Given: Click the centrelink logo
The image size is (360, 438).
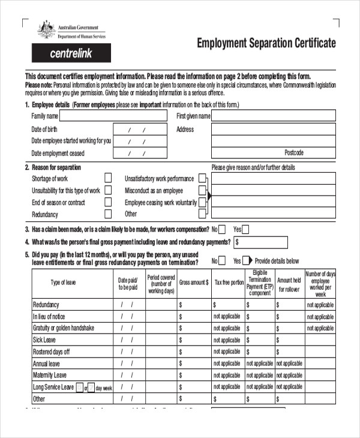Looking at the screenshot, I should click(x=71, y=53).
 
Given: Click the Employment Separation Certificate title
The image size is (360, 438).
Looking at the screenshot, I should click(x=266, y=43).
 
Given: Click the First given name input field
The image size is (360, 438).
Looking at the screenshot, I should click(x=273, y=116).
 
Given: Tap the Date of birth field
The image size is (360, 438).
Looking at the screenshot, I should click(x=136, y=130).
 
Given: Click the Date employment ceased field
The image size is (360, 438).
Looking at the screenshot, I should click(x=136, y=154).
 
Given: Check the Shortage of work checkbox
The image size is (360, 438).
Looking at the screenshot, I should click(x=108, y=178).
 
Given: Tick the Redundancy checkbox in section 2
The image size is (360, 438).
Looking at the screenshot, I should click(x=108, y=214).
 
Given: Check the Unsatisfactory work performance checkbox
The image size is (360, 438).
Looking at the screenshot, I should click(x=202, y=178).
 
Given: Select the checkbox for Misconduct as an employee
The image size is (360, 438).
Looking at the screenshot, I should click(x=202, y=190).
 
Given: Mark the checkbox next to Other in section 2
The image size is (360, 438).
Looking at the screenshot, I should click(x=202, y=214).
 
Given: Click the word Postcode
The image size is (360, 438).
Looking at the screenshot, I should click(x=294, y=152).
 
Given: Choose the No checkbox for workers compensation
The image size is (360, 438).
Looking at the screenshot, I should click(x=222, y=229).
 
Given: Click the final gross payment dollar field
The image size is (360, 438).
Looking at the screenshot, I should click(x=260, y=242).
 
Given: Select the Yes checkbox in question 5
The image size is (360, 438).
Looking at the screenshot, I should click(x=246, y=261).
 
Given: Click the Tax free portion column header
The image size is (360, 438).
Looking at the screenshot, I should click(x=229, y=282).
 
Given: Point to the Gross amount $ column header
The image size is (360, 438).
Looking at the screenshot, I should click(x=194, y=282).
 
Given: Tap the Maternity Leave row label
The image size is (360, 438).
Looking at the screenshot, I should click(x=50, y=375).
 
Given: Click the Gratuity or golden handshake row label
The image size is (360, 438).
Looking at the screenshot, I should click(x=64, y=328).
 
